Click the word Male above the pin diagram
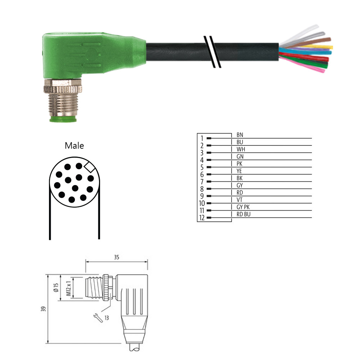click(74, 145)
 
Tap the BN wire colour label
click(240, 135)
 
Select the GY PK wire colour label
click(243, 207)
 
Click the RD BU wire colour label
click(243, 214)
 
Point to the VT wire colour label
click(239, 200)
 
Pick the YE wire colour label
click(239, 171)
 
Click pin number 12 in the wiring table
click(202, 218)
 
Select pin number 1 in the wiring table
click(202, 138)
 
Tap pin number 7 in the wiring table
click(202, 181)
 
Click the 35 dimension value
click(116, 257)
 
